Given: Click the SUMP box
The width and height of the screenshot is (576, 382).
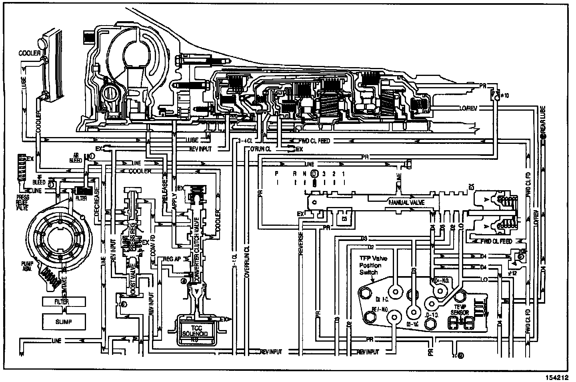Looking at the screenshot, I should coord(64,321).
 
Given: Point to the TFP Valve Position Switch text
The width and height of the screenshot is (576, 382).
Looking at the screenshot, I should coord(371,265).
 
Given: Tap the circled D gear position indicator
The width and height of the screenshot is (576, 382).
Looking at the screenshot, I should coord(314,173).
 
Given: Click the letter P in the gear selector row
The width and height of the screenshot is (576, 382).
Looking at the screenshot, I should coord(276,173).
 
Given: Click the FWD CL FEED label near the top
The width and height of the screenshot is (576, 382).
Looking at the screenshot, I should coord(314,141).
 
